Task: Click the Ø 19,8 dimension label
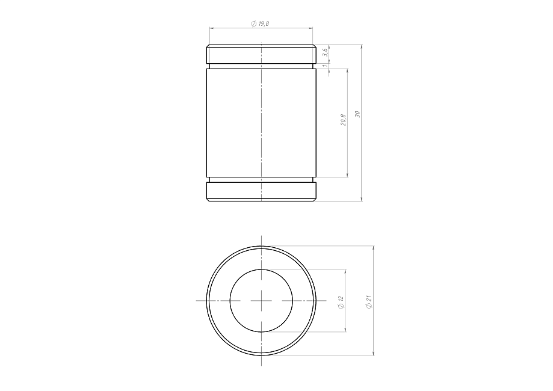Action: pos(261,23)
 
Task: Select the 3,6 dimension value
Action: pos(326,53)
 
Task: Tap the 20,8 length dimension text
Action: pos(343,120)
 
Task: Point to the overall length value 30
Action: pos(357,114)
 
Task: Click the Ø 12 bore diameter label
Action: pos(341,303)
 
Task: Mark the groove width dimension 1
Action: pos(326,66)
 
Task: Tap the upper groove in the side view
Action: pos(261,66)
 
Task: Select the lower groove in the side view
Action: pos(261,179)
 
